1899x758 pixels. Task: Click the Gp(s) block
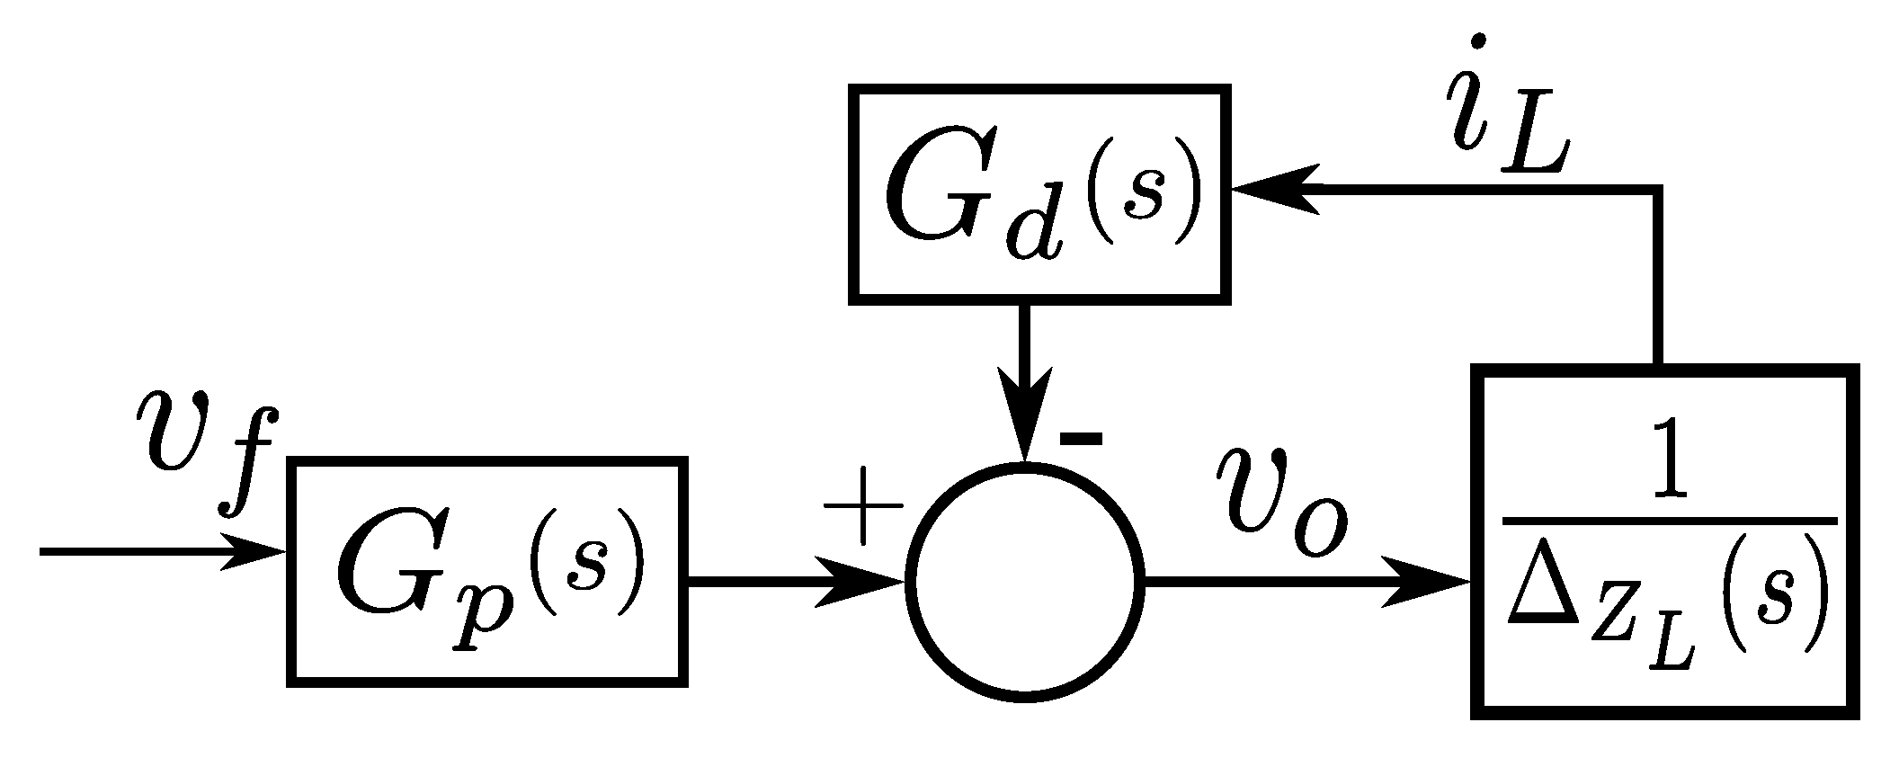click(487, 572)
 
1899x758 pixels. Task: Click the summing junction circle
click(1025, 582)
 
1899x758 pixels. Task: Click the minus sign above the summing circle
click(1080, 439)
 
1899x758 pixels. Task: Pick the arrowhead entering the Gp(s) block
click(256, 551)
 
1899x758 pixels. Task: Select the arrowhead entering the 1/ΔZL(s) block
click(1430, 583)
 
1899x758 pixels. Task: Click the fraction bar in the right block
click(1668, 521)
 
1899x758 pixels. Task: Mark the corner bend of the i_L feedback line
click(1656, 190)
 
